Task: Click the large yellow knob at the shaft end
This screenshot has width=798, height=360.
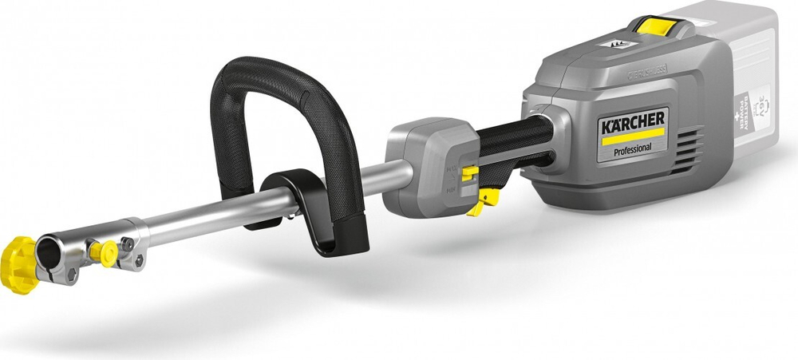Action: [x=18, y=263]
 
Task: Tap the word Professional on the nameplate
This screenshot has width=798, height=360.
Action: [x=633, y=148]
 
